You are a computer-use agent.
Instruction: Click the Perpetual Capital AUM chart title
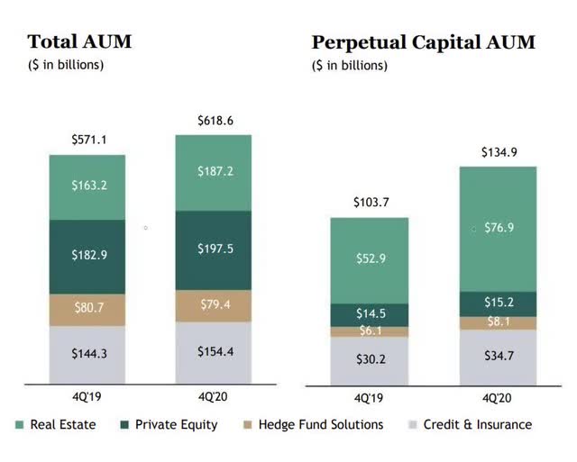pos(423,41)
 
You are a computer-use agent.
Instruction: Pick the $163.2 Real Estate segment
pos(87,186)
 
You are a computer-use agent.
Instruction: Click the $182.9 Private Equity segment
pos(87,256)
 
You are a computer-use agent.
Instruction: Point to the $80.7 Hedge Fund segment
pos(87,309)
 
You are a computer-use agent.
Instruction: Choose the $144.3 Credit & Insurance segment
pos(87,354)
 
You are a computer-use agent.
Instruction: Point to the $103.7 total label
pos(370,202)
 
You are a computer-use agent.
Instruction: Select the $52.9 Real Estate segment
pos(370,260)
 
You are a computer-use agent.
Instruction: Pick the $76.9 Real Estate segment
pos(499,228)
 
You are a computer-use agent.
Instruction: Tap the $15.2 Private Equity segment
pos(499,303)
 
